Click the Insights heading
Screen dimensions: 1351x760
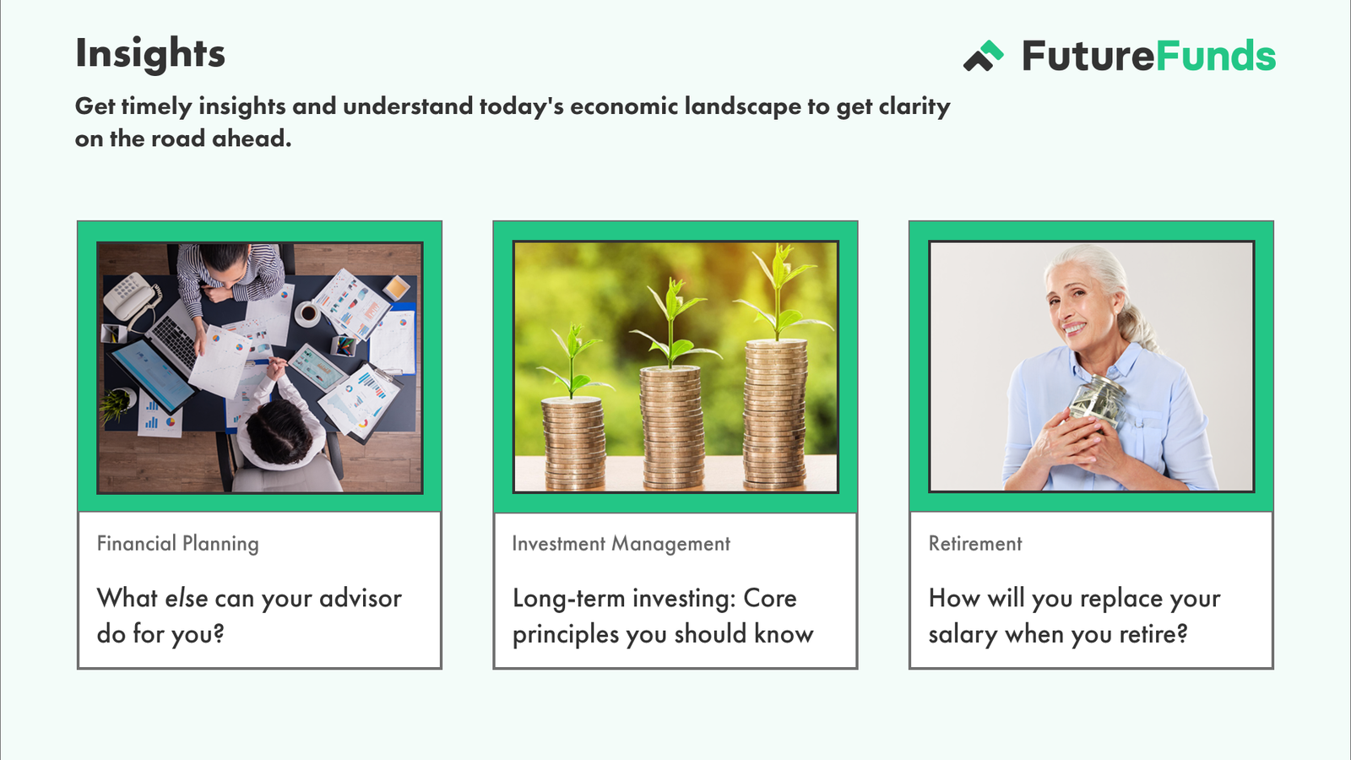[150, 54]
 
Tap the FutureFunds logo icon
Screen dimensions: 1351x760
[983, 56]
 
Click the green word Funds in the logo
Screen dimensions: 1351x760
[1216, 56]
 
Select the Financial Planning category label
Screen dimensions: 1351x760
[178, 544]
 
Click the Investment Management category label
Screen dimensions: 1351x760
[621, 544]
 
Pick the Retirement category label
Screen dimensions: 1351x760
[975, 544]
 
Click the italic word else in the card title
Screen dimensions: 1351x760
[187, 599]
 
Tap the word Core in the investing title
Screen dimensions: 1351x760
[770, 599]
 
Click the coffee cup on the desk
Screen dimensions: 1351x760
[307, 313]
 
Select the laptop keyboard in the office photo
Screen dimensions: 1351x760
[174, 338]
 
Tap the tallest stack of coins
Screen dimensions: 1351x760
[776, 414]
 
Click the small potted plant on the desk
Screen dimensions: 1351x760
[117, 404]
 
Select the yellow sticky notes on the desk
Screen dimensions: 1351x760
[396, 288]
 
